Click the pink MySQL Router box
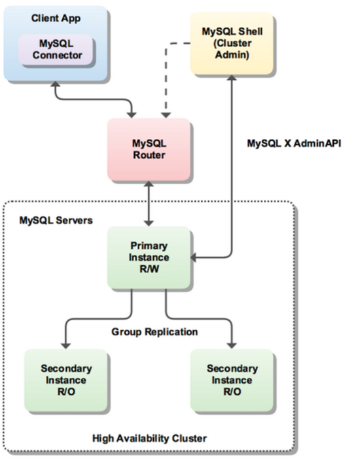click(149, 149)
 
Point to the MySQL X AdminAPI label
click(294, 143)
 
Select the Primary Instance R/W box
click(149, 256)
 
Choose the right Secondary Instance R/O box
click(232, 379)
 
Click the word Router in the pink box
click(149, 156)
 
